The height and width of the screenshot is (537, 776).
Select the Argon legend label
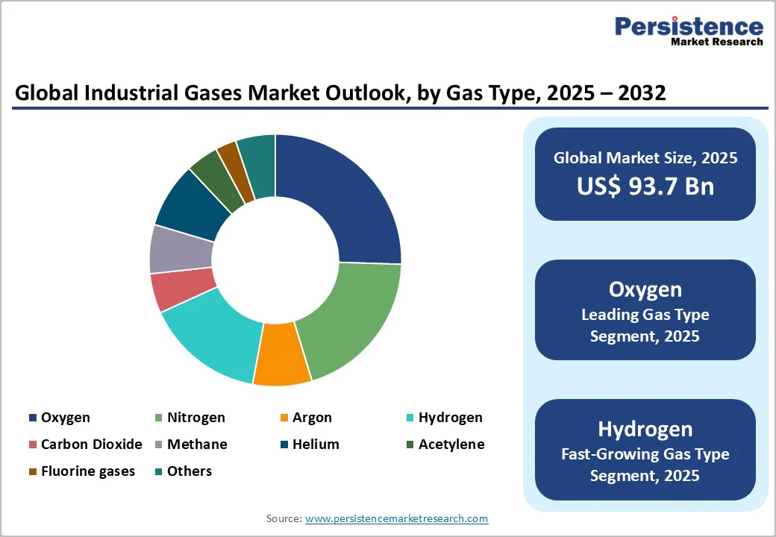312,418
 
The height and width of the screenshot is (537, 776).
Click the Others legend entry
189,471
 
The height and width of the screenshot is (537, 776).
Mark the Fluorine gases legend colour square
33,472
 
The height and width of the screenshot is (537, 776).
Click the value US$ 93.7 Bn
645,186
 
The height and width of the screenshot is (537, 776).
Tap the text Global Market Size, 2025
645,158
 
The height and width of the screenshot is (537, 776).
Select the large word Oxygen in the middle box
645,289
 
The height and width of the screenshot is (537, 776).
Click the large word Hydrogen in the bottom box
645,429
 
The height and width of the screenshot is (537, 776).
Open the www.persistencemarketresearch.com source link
396,518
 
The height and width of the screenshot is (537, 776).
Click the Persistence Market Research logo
688,31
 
